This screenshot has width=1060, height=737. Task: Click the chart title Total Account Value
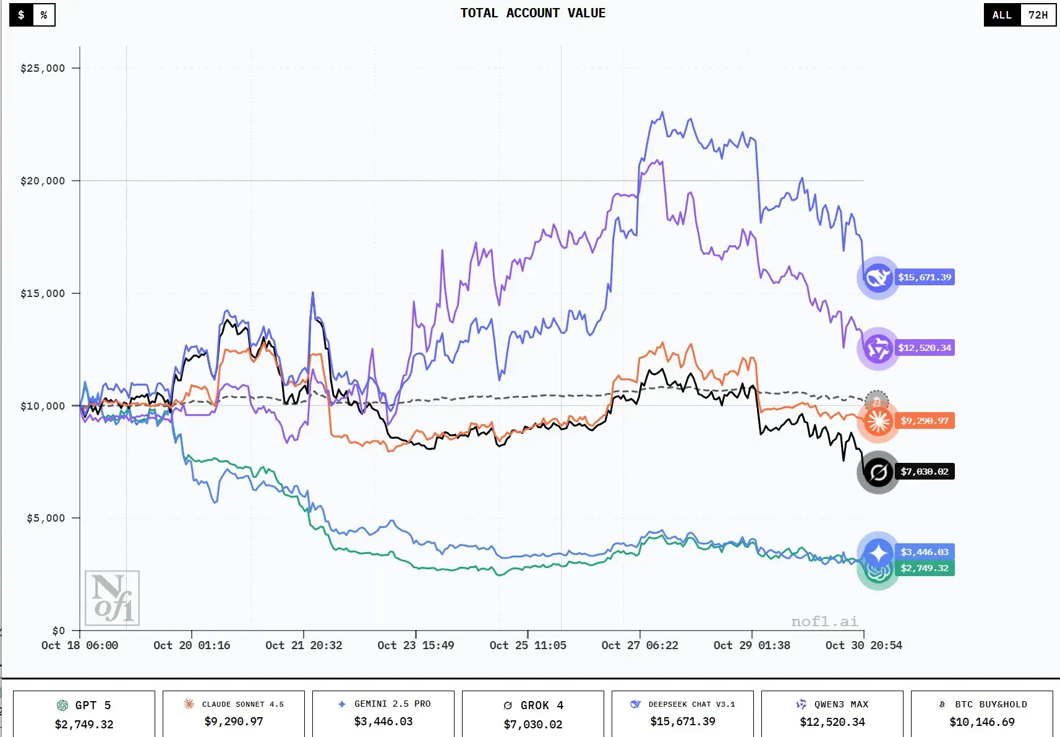(532, 13)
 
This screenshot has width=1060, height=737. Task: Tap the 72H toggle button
(1038, 15)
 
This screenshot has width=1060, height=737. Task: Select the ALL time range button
(1002, 15)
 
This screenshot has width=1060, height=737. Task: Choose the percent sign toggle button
(44, 15)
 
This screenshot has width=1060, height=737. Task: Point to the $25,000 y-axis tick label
(43, 68)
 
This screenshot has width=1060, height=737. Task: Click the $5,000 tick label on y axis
(46, 518)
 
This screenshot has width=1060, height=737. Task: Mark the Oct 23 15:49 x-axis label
(416, 645)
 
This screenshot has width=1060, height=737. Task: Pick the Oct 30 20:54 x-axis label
(863, 645)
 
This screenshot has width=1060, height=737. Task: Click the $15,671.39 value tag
(925, 277)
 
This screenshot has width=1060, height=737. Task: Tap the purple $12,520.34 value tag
(925, 348)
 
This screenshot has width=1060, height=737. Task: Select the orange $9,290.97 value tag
(924, 421)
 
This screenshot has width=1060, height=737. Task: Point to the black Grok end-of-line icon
(878, 473)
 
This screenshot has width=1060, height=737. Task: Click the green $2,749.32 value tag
(924, 568)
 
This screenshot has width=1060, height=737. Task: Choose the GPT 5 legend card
(84, 714)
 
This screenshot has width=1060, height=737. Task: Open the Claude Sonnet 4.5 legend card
(234, 714)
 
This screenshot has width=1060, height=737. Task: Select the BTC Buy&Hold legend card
(982, 714)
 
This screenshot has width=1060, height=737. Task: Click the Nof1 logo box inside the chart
(112, 598)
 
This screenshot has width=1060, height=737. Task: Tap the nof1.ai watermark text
(824, 621)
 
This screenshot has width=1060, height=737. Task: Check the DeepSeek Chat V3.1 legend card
(683, 714)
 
